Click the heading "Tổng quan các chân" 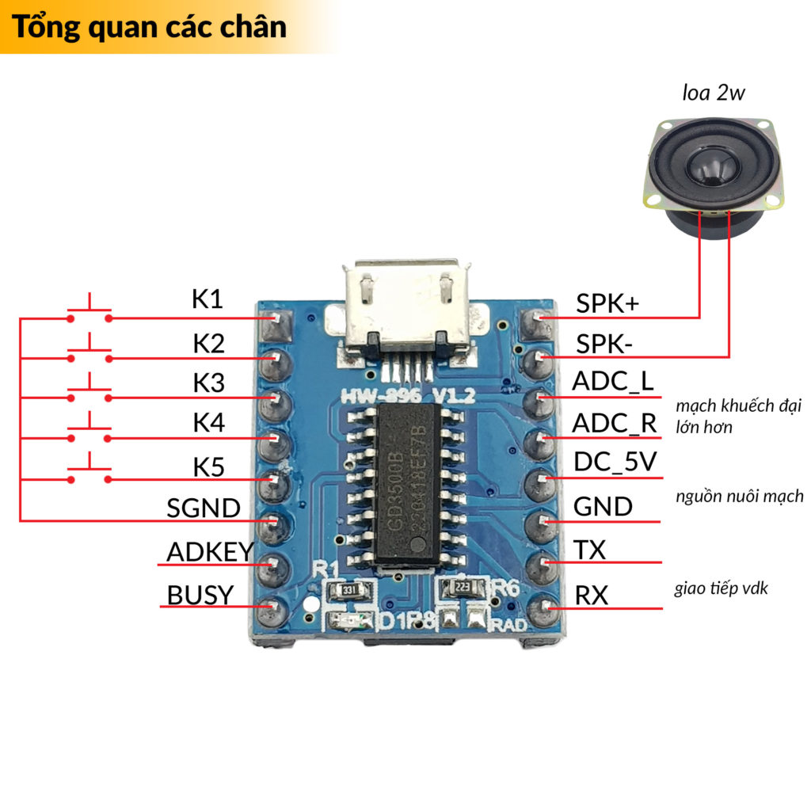[149, 27]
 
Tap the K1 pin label [208, 299]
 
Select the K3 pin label [209, 383]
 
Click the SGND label [204, 508]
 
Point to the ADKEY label [210, 551]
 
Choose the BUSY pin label [200, 594]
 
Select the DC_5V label [615, 462]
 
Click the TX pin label [589, 549]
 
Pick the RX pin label [591, 594]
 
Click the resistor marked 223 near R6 [462, 588]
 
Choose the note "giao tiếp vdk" [720, 588]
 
